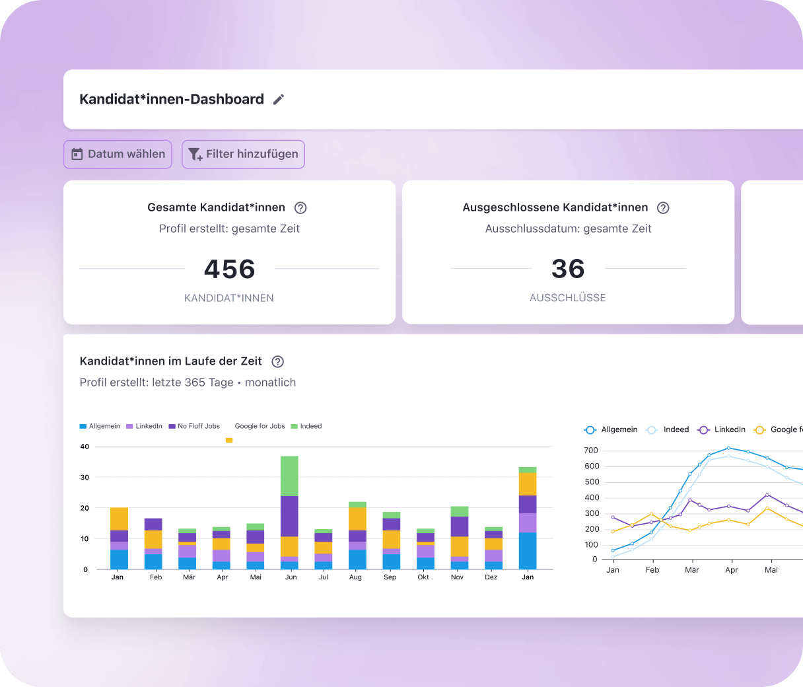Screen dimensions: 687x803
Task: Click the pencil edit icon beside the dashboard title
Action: pos(279,100)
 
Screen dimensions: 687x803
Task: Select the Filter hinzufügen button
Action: pos(243,155)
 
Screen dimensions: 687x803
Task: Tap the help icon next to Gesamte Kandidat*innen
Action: pos(300,208)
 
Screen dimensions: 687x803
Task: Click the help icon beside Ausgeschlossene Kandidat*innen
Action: pos(663,208)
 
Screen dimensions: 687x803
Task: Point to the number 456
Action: pos(229,269)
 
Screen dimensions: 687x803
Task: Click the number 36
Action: pos(568,269)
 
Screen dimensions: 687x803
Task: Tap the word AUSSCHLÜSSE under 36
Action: pos(567,298)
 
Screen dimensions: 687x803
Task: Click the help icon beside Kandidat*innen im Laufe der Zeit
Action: pos(278,362)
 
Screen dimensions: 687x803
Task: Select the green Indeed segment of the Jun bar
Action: pos(289,476)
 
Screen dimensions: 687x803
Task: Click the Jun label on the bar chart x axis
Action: pos(291,577)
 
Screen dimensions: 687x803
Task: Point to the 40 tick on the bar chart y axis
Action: pos(85,447)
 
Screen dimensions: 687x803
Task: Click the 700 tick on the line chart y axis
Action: pos(591,451)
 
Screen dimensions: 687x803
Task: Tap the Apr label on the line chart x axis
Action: pos(732,570)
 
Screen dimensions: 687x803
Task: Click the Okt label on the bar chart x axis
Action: pos(423,577)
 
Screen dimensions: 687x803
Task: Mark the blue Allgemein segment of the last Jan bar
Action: pos(528,551)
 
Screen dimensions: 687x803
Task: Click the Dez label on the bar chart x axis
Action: pos(491,577)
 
